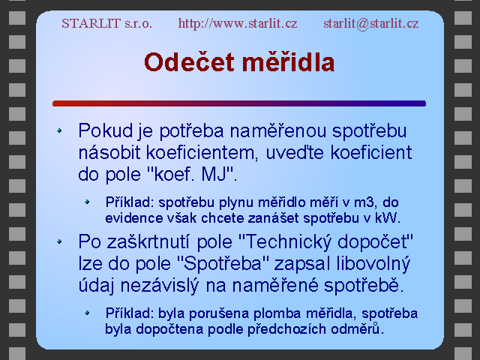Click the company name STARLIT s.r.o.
click(106, 23)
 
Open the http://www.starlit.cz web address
click(238, 23)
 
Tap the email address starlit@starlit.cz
click(371, 23)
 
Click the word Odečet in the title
click(189, 62)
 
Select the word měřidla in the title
click(288, 62)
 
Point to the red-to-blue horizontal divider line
click(239, 103)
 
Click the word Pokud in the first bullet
click(106, 130)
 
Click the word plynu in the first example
click(236, 203)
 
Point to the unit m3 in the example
click(364, 202)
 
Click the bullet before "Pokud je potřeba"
click(59, 130)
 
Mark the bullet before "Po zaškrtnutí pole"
click(59, 241)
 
